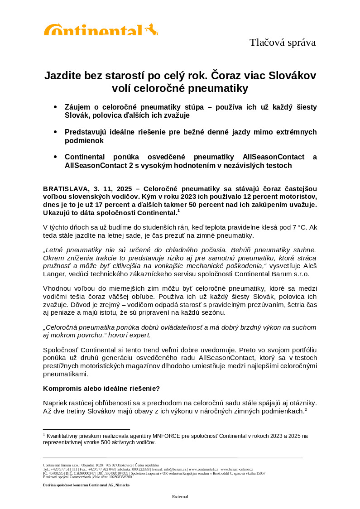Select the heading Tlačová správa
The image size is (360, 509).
pos(282,43)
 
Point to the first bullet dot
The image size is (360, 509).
pos(55,107)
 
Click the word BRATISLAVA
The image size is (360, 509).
pos(66,188)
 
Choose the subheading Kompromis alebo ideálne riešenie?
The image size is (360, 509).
pos(101,389)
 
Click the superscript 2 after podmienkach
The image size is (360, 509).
pos(306,409)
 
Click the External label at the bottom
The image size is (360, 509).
pos(180,497)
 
